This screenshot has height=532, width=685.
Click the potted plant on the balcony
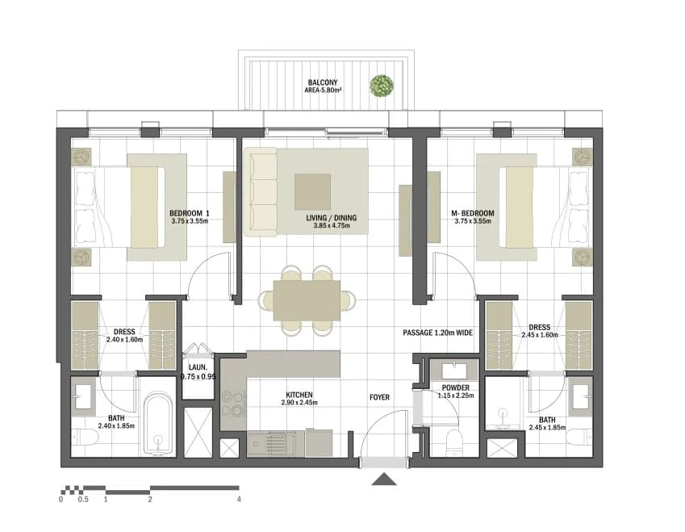[x=382, y=86]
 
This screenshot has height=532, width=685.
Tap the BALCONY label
[x=323, y=82]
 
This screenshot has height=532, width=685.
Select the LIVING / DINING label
[x=331, y=218]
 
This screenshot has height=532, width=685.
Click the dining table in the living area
[x=307, y=300]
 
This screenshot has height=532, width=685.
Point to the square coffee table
[x=312, y=191]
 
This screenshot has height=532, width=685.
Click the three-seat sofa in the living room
[x=261, y=191]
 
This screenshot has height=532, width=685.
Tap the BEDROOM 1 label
[x=189, y=213]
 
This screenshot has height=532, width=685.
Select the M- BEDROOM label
[x=473, y=213]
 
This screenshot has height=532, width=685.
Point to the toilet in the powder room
[x=454, y=442]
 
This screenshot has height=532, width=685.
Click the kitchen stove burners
[x=232, y=403]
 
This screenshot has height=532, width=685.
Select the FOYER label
[x=379, y=397]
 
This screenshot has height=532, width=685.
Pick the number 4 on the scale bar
[x=239, y=499]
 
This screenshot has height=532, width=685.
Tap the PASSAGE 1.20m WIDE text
[x=438, y=333]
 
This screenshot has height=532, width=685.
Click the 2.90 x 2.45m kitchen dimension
[x=299, y=402]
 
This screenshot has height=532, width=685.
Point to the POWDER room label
[x=455, y=387]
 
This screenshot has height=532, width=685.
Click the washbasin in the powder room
[x=454, y=371]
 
